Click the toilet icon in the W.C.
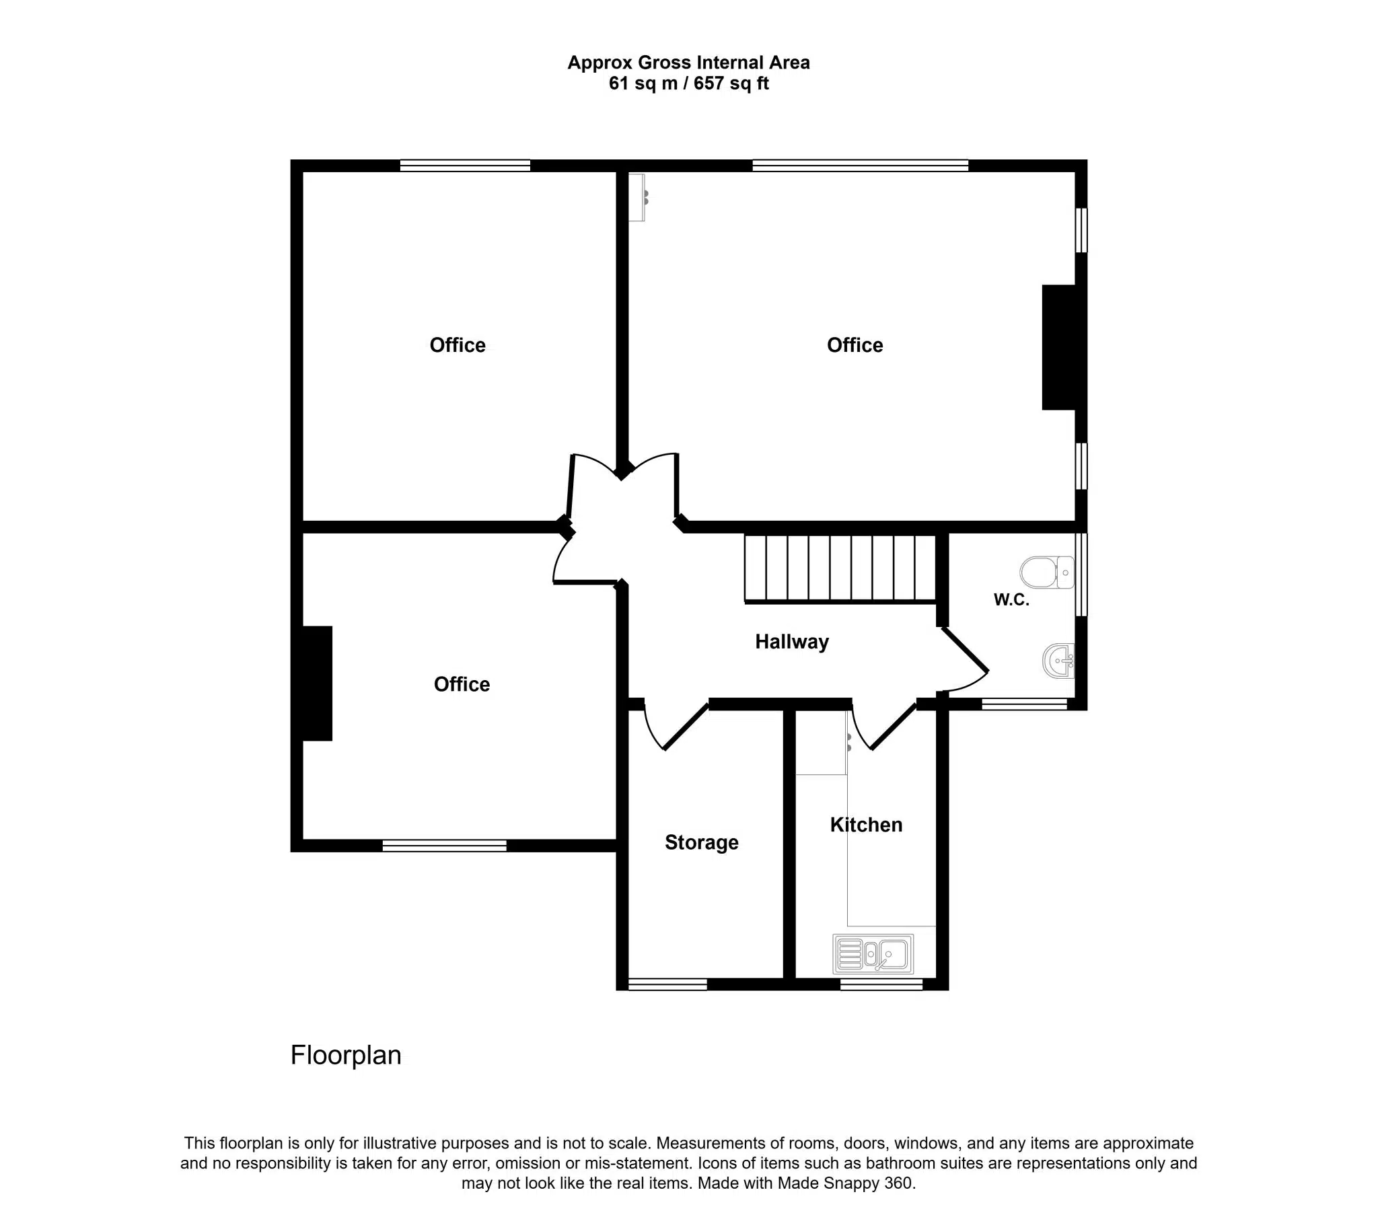(1046, 572)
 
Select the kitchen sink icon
(873, 954)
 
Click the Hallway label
(791, 641)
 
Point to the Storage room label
(701, 842)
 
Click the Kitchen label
(866, 825)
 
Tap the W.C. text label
(1011, 599)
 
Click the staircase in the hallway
(840, 568)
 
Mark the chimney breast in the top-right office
(1059, 347)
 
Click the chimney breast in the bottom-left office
(318, 683)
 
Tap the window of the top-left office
(464, 165)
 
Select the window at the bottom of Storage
(667, 984)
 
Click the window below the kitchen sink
(881, 984)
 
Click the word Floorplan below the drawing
(345, 1055)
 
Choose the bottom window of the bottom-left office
(444, 846)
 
